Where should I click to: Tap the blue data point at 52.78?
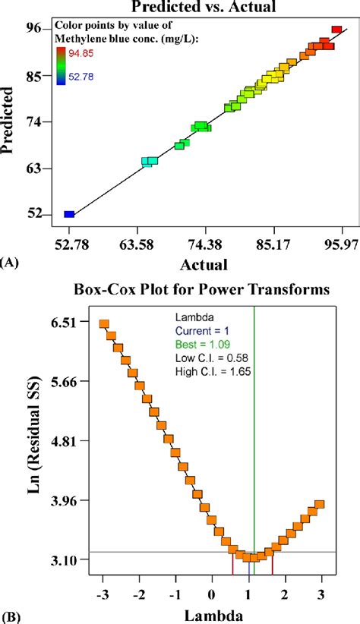(x=69, y=215)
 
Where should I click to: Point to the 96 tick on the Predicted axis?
(x=33, y=29)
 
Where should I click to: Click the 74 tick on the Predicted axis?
(x=33, y=121)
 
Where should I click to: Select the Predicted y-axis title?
(x=9, y=121)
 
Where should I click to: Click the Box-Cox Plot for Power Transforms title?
(x=201, y=289)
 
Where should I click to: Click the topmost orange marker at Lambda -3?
(x=105, y=324)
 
